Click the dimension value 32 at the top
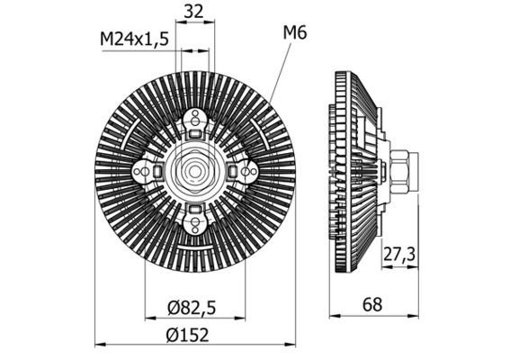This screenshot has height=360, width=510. pos(194,13)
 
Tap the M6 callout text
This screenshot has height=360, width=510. pos(295,33)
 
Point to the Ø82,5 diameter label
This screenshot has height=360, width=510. pos(192,307)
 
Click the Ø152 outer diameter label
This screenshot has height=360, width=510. pos(188,335)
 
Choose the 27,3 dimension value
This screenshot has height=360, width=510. pos(398,255)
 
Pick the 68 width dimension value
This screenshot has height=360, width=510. pos(372,304)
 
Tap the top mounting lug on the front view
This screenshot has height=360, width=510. pos(195,122)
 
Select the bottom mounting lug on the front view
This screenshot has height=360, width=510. pos(195,219)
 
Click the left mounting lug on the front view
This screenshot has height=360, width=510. pos(146,171)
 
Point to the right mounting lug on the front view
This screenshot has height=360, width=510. pos(244,171)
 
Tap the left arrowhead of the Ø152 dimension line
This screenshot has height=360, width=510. pos(100,344)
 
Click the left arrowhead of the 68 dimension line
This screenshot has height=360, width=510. pos(336,314)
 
